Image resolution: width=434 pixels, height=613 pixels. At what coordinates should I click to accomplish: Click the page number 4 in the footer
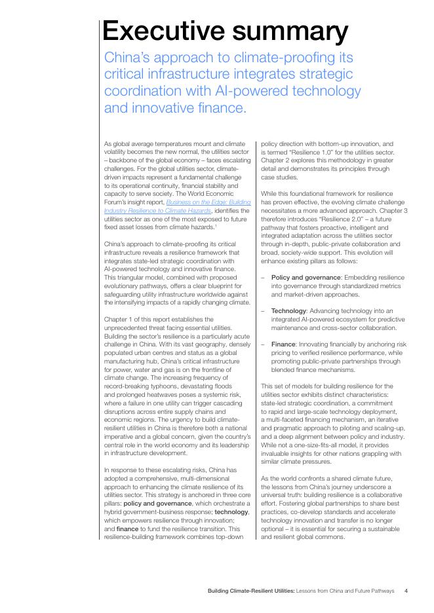(x=406, y=590)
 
